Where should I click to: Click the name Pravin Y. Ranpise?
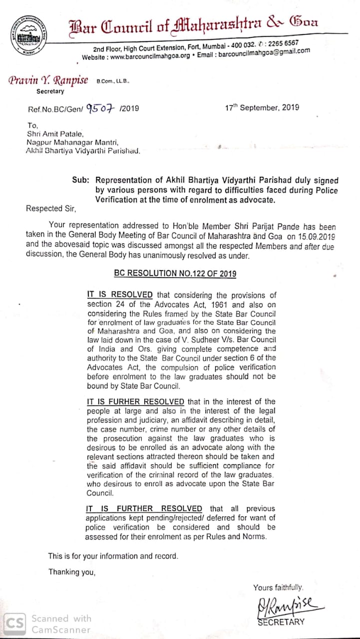tap(48, 81)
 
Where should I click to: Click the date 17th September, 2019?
tap(262, 107)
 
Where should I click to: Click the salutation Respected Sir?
tap(52, 209)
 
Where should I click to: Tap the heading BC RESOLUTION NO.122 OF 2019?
tap(175, 273)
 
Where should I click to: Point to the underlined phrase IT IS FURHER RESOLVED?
tap(136, 401)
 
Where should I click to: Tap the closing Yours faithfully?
tap(278, 588)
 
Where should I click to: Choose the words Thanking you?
tap(71, 572)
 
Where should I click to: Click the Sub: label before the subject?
tap(81, 180)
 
